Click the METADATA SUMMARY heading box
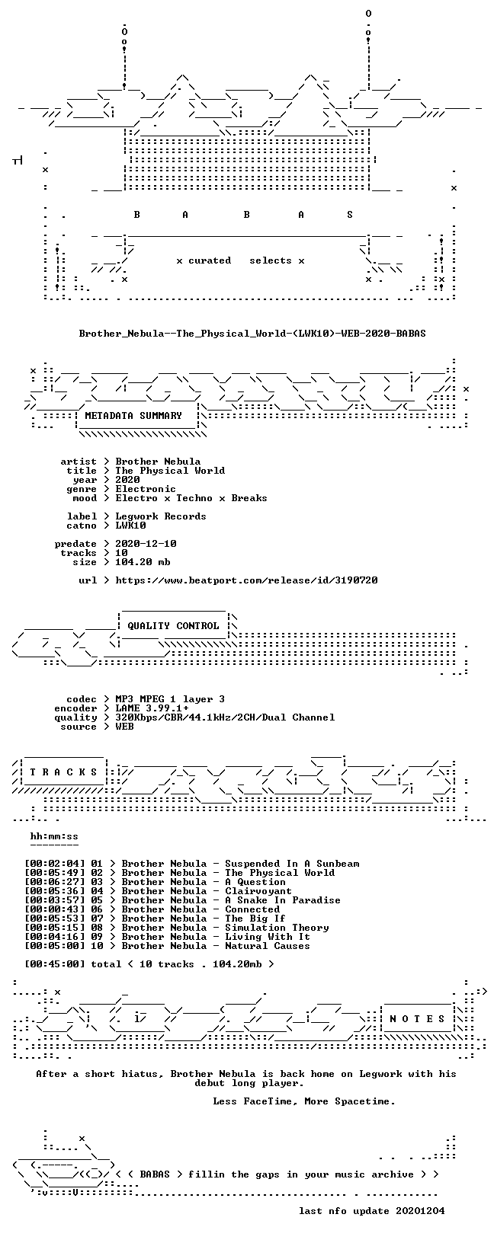click(x=133, y=416)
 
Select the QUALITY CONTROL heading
click(x=173, y=626)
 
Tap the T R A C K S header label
click(x=63, y=772)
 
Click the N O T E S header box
click(x=417, y=1019)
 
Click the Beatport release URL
click(x=247, y=580)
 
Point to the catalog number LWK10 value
click(x=130, y=526)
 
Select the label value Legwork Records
click(x=161, y=516)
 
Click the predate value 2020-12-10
click(x=146, y=544)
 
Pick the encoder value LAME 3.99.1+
click(x=152, y=708)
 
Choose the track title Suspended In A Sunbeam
click(x=292, y=864)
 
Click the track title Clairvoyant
click(x=258, y=891)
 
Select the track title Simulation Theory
click(x=277, y=928)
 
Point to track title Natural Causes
click(x=268, y=946)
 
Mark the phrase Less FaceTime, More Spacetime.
click(x=304, y=1101)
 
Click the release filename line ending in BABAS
click(x=252, y=334)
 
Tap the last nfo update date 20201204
click(x=420, y=1211)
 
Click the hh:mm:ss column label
click(x=54, y=837)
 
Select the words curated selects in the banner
click(x=240, y=260)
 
